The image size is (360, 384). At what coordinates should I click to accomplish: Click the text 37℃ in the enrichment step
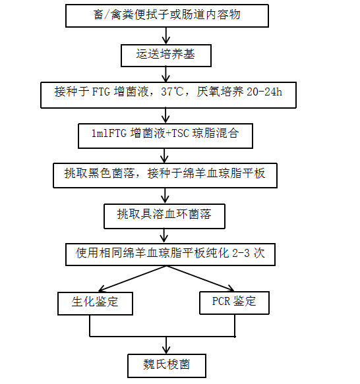tap(172, 92)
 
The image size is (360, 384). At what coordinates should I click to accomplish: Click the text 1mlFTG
tap(109, 134)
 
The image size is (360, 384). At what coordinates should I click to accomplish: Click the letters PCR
tap(221, 301)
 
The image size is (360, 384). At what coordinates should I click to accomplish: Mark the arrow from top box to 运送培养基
tap(166, 36)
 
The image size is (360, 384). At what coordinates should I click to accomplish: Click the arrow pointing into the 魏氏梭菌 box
tap(166, 345)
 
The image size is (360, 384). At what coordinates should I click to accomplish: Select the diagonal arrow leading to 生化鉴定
tap(133, 279)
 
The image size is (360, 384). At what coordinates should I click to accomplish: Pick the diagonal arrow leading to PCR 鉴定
tap(200, 279)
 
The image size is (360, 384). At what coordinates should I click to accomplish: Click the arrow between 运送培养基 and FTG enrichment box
tap(165, 74)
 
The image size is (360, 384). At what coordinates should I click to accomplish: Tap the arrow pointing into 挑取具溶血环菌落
tap(165, 196)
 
